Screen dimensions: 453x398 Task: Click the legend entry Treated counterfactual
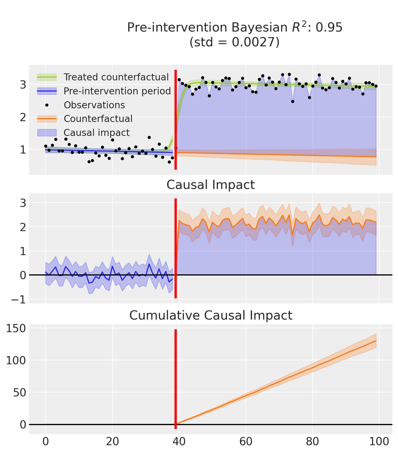pos(116,77)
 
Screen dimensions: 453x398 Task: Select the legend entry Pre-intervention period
pos(117,91)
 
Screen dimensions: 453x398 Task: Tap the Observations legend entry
pos(94,105)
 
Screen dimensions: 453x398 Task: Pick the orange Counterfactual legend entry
pos(98,119)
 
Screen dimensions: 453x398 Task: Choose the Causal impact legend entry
pos(96,133)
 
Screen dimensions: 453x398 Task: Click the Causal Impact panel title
pos(211,185)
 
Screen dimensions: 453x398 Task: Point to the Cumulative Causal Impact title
pos(211,315)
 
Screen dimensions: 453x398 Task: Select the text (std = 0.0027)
pos(234,42)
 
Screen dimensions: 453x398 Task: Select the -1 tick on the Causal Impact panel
pos(19,299)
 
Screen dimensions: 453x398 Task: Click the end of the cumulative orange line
pos(376,341)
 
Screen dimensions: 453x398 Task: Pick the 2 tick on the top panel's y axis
pos(23,117)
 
